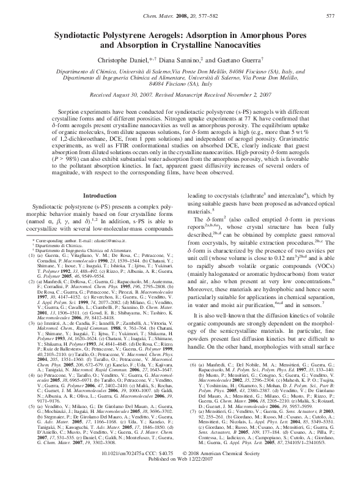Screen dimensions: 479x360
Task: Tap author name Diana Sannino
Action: coord(196,61)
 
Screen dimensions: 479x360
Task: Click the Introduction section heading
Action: coord(99,195)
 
